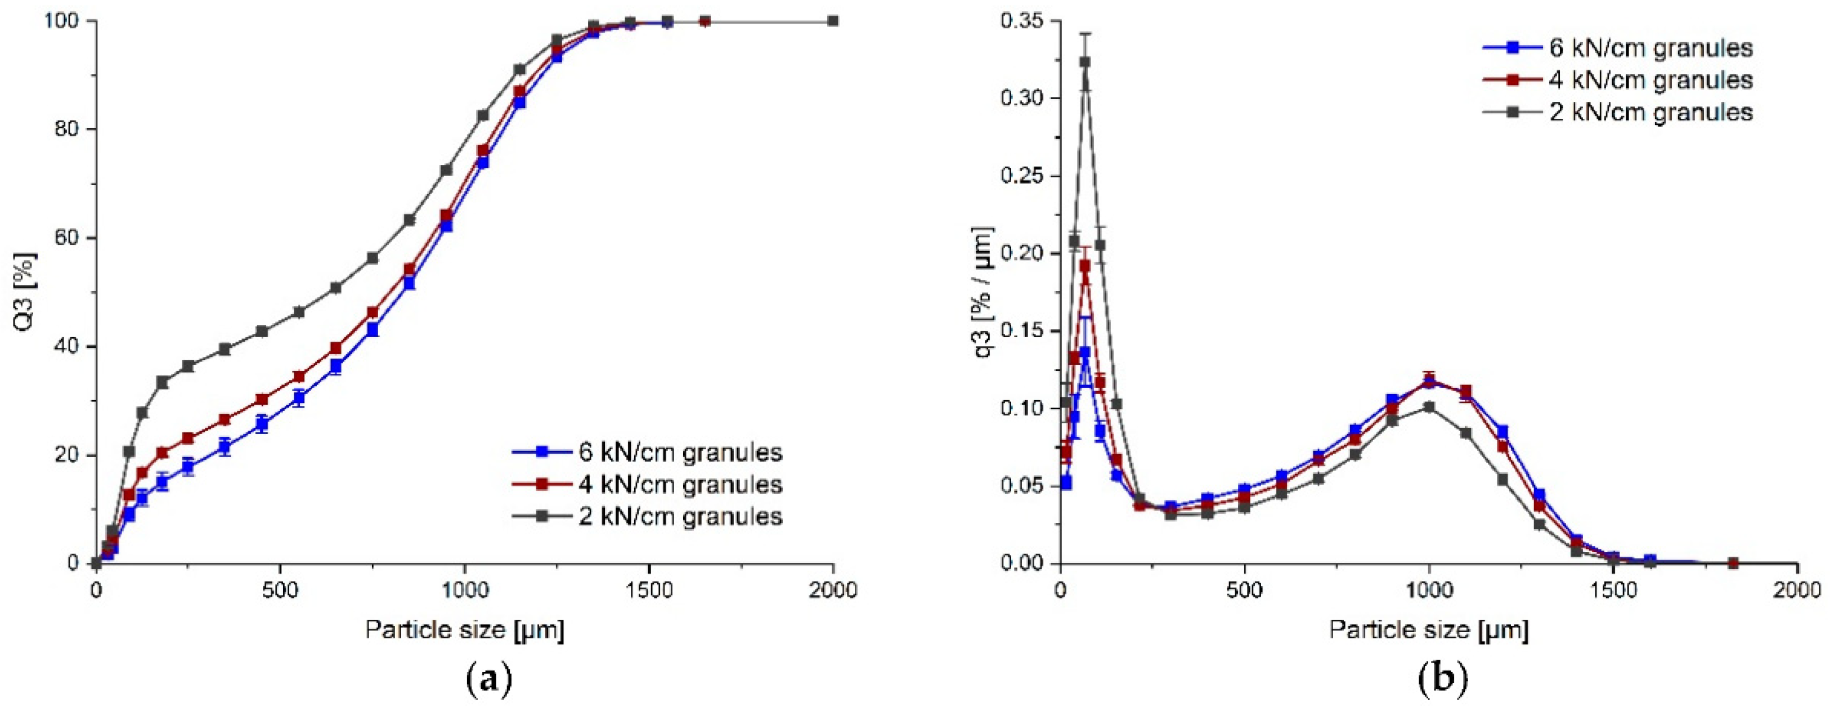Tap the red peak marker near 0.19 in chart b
tap(1085, 265)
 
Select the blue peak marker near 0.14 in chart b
tap(1085, 352)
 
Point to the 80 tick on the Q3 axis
tap(73, 130)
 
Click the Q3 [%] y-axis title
tap(24, 292)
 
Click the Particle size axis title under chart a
tap(465, 629)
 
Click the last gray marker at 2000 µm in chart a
tap(833, 21)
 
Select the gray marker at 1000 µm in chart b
tap(1429, 407)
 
